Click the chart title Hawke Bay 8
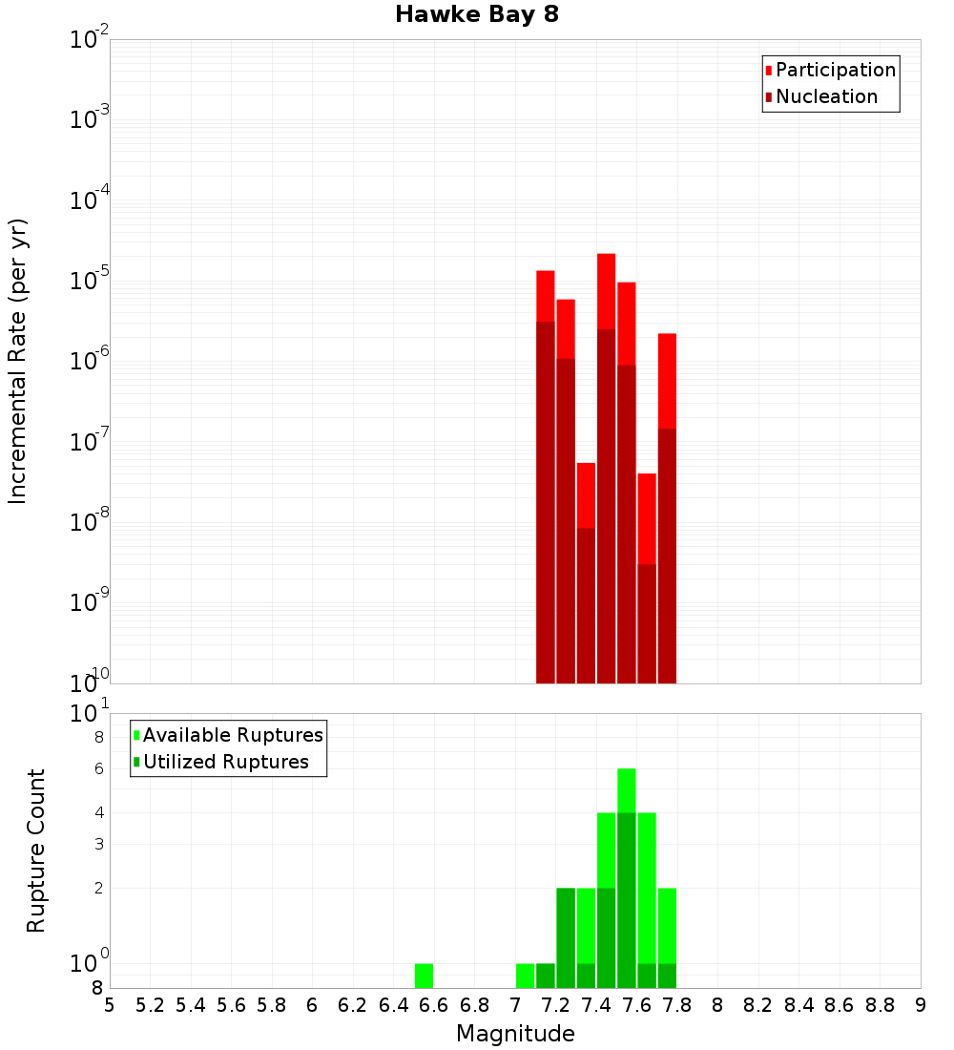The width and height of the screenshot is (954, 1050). (477, 15)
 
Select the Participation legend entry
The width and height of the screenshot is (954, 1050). (836, 70)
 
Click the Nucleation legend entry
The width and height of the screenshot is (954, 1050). (826, 96)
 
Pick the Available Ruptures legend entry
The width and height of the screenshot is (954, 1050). (233, 735)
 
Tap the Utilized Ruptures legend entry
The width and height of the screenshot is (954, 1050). (225, 762)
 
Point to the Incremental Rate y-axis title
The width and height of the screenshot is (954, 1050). (18, 361)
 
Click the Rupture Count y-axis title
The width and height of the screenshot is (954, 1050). (36, 850)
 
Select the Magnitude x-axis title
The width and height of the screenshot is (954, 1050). (515, 1034)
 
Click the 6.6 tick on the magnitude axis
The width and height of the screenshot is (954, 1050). (434, 1005)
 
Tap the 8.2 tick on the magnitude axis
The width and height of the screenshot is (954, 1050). (758, 1005)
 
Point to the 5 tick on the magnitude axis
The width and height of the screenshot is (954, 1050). (110, 1005)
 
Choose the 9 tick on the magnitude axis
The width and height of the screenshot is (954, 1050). (921, 1005)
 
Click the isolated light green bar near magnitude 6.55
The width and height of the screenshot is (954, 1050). (425, 976)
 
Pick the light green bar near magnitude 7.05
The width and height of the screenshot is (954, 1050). (526, 976)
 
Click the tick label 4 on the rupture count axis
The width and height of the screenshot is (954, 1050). (98, 812)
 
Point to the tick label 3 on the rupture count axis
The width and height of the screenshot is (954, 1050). (98, 844)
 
